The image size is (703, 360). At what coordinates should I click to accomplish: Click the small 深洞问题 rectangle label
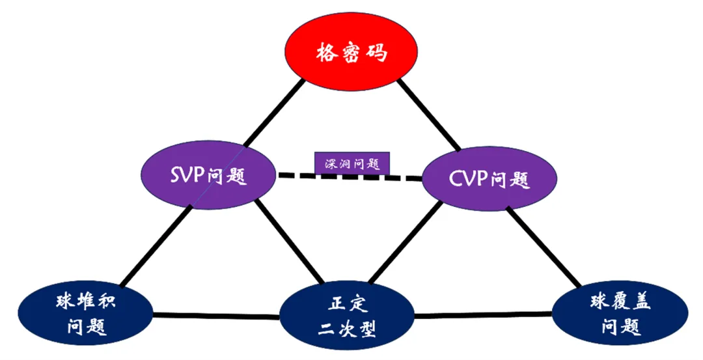point(352,163)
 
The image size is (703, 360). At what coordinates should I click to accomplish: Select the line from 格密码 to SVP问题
point(273,111)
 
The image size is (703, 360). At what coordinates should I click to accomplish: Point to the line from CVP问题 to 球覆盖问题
point(544,247)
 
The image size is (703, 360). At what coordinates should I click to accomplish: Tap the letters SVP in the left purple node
point(185,175)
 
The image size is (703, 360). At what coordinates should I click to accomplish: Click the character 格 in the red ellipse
point(327,53)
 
